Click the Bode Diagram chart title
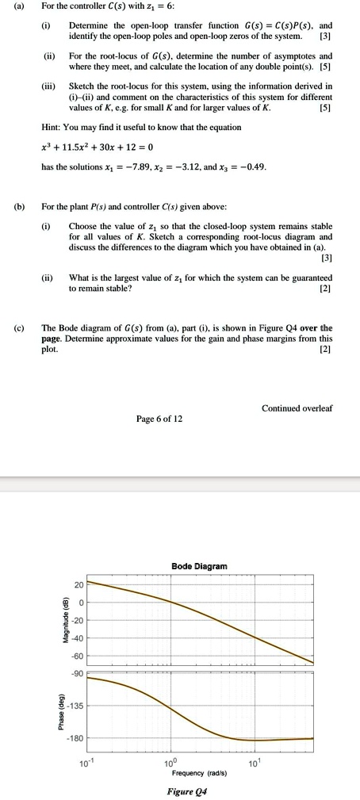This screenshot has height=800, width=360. pos(199,566)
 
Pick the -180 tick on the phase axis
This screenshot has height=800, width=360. pos(75,738)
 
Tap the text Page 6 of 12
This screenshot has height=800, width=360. pos(160,418)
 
